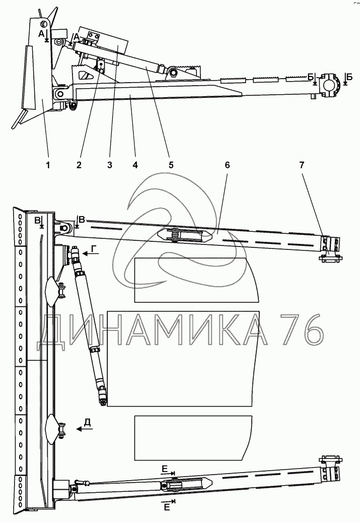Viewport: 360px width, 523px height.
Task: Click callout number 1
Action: click(x=48, y=165)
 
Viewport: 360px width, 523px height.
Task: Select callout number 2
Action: click(x=79, y=165)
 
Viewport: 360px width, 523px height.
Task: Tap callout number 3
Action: click(x=110, y=165)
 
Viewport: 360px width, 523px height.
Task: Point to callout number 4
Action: click(x=135, y=165)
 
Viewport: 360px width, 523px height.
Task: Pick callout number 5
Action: click(x=171, y=165)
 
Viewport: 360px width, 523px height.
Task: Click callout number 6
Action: click(x=228, y=165)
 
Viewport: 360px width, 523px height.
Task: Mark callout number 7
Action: click(x=302, y=165)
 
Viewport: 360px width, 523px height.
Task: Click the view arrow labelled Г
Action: click(x=91, y=254)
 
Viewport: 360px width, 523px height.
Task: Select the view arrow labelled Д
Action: click(x=85, y=429)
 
